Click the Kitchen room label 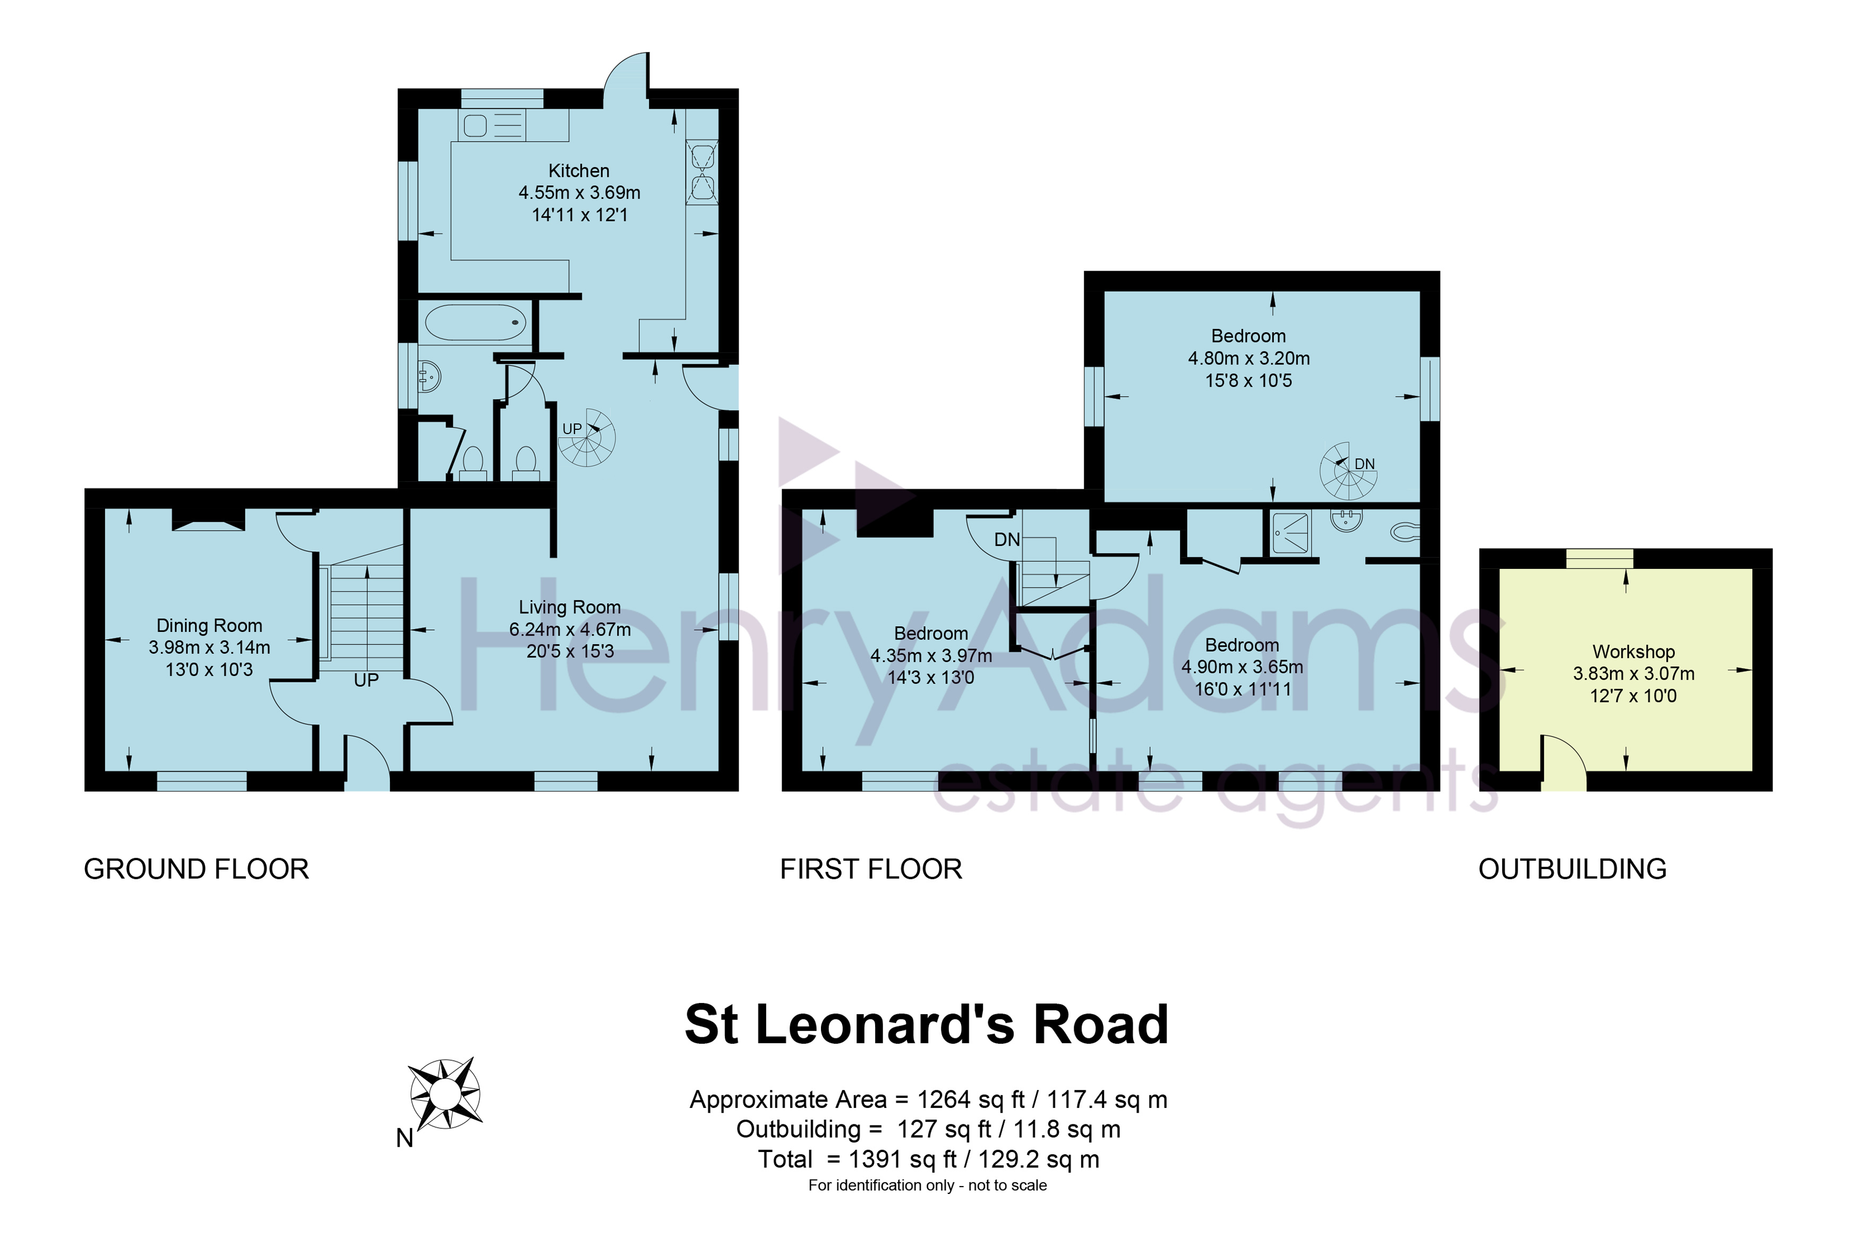[579, 170]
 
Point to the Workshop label [1634, 652]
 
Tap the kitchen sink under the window [494, 125]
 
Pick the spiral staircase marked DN [1348, 471]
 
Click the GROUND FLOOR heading [196, 869]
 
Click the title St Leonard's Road [927, 1025]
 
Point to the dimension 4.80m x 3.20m [1249, 358]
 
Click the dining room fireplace [209, 519]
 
